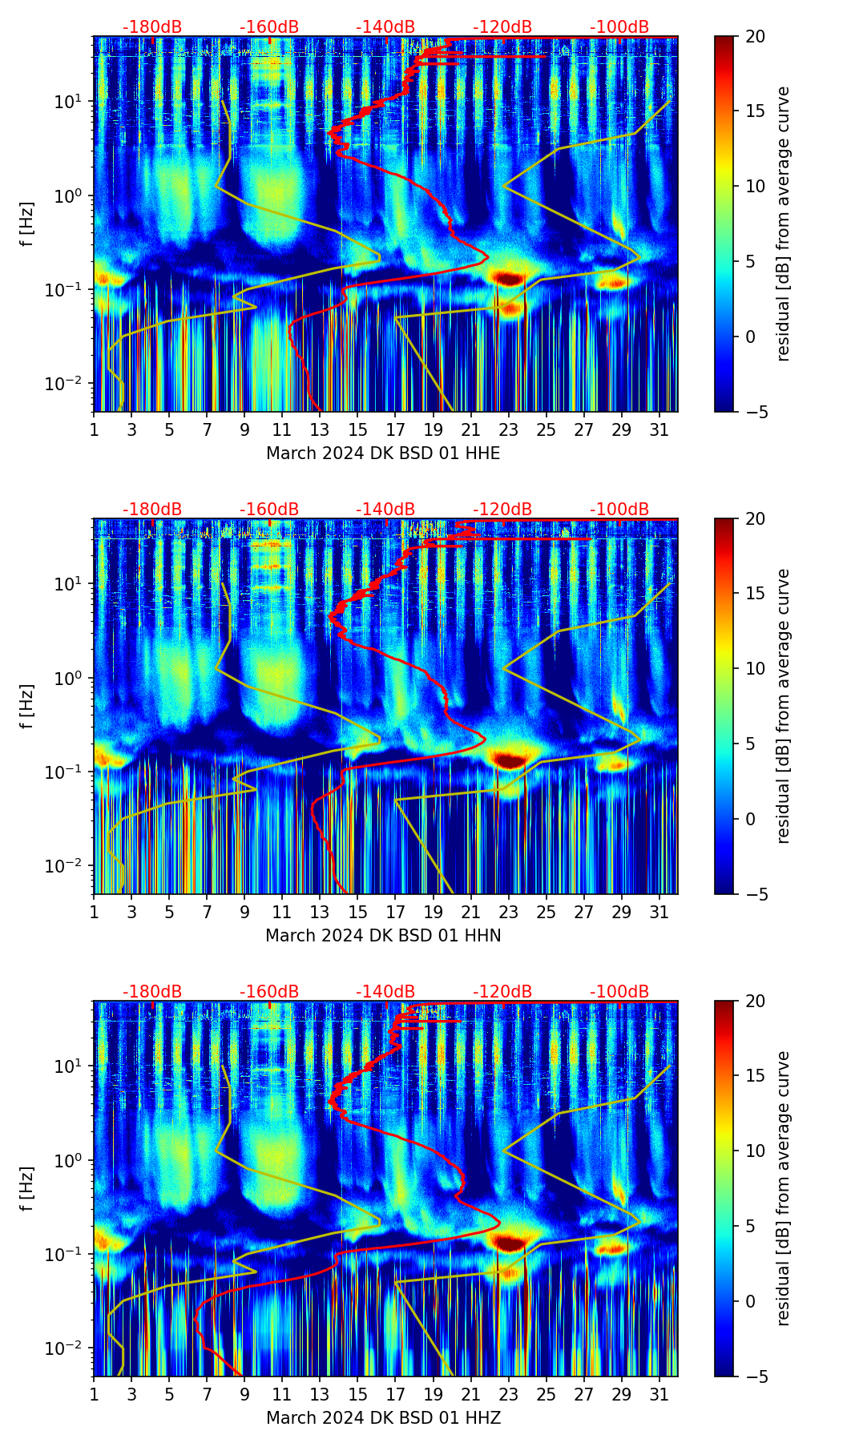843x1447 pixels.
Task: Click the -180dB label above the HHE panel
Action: tap(152, 27)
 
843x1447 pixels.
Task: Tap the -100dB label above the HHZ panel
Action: tap(619, 992)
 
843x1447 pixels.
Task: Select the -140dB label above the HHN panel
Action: tap(385, 510)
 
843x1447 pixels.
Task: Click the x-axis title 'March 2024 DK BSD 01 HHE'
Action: tap(383, 453)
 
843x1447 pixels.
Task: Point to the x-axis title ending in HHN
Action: tap(383, 936)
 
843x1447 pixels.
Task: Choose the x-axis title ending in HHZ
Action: tap(383, 1418)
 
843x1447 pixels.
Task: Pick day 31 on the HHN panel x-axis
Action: tap(659, 912)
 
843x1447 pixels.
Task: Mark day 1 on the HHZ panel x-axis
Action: tap(95, 1394)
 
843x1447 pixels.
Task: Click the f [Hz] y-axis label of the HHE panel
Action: tap(27, 224)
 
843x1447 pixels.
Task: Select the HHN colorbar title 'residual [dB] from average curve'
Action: tap(783, 706)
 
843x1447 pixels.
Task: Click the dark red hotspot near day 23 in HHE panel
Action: tap(508, 279)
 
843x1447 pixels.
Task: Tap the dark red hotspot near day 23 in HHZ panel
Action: tap(508, 1243)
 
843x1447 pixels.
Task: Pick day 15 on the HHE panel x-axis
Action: tap(358, 429)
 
